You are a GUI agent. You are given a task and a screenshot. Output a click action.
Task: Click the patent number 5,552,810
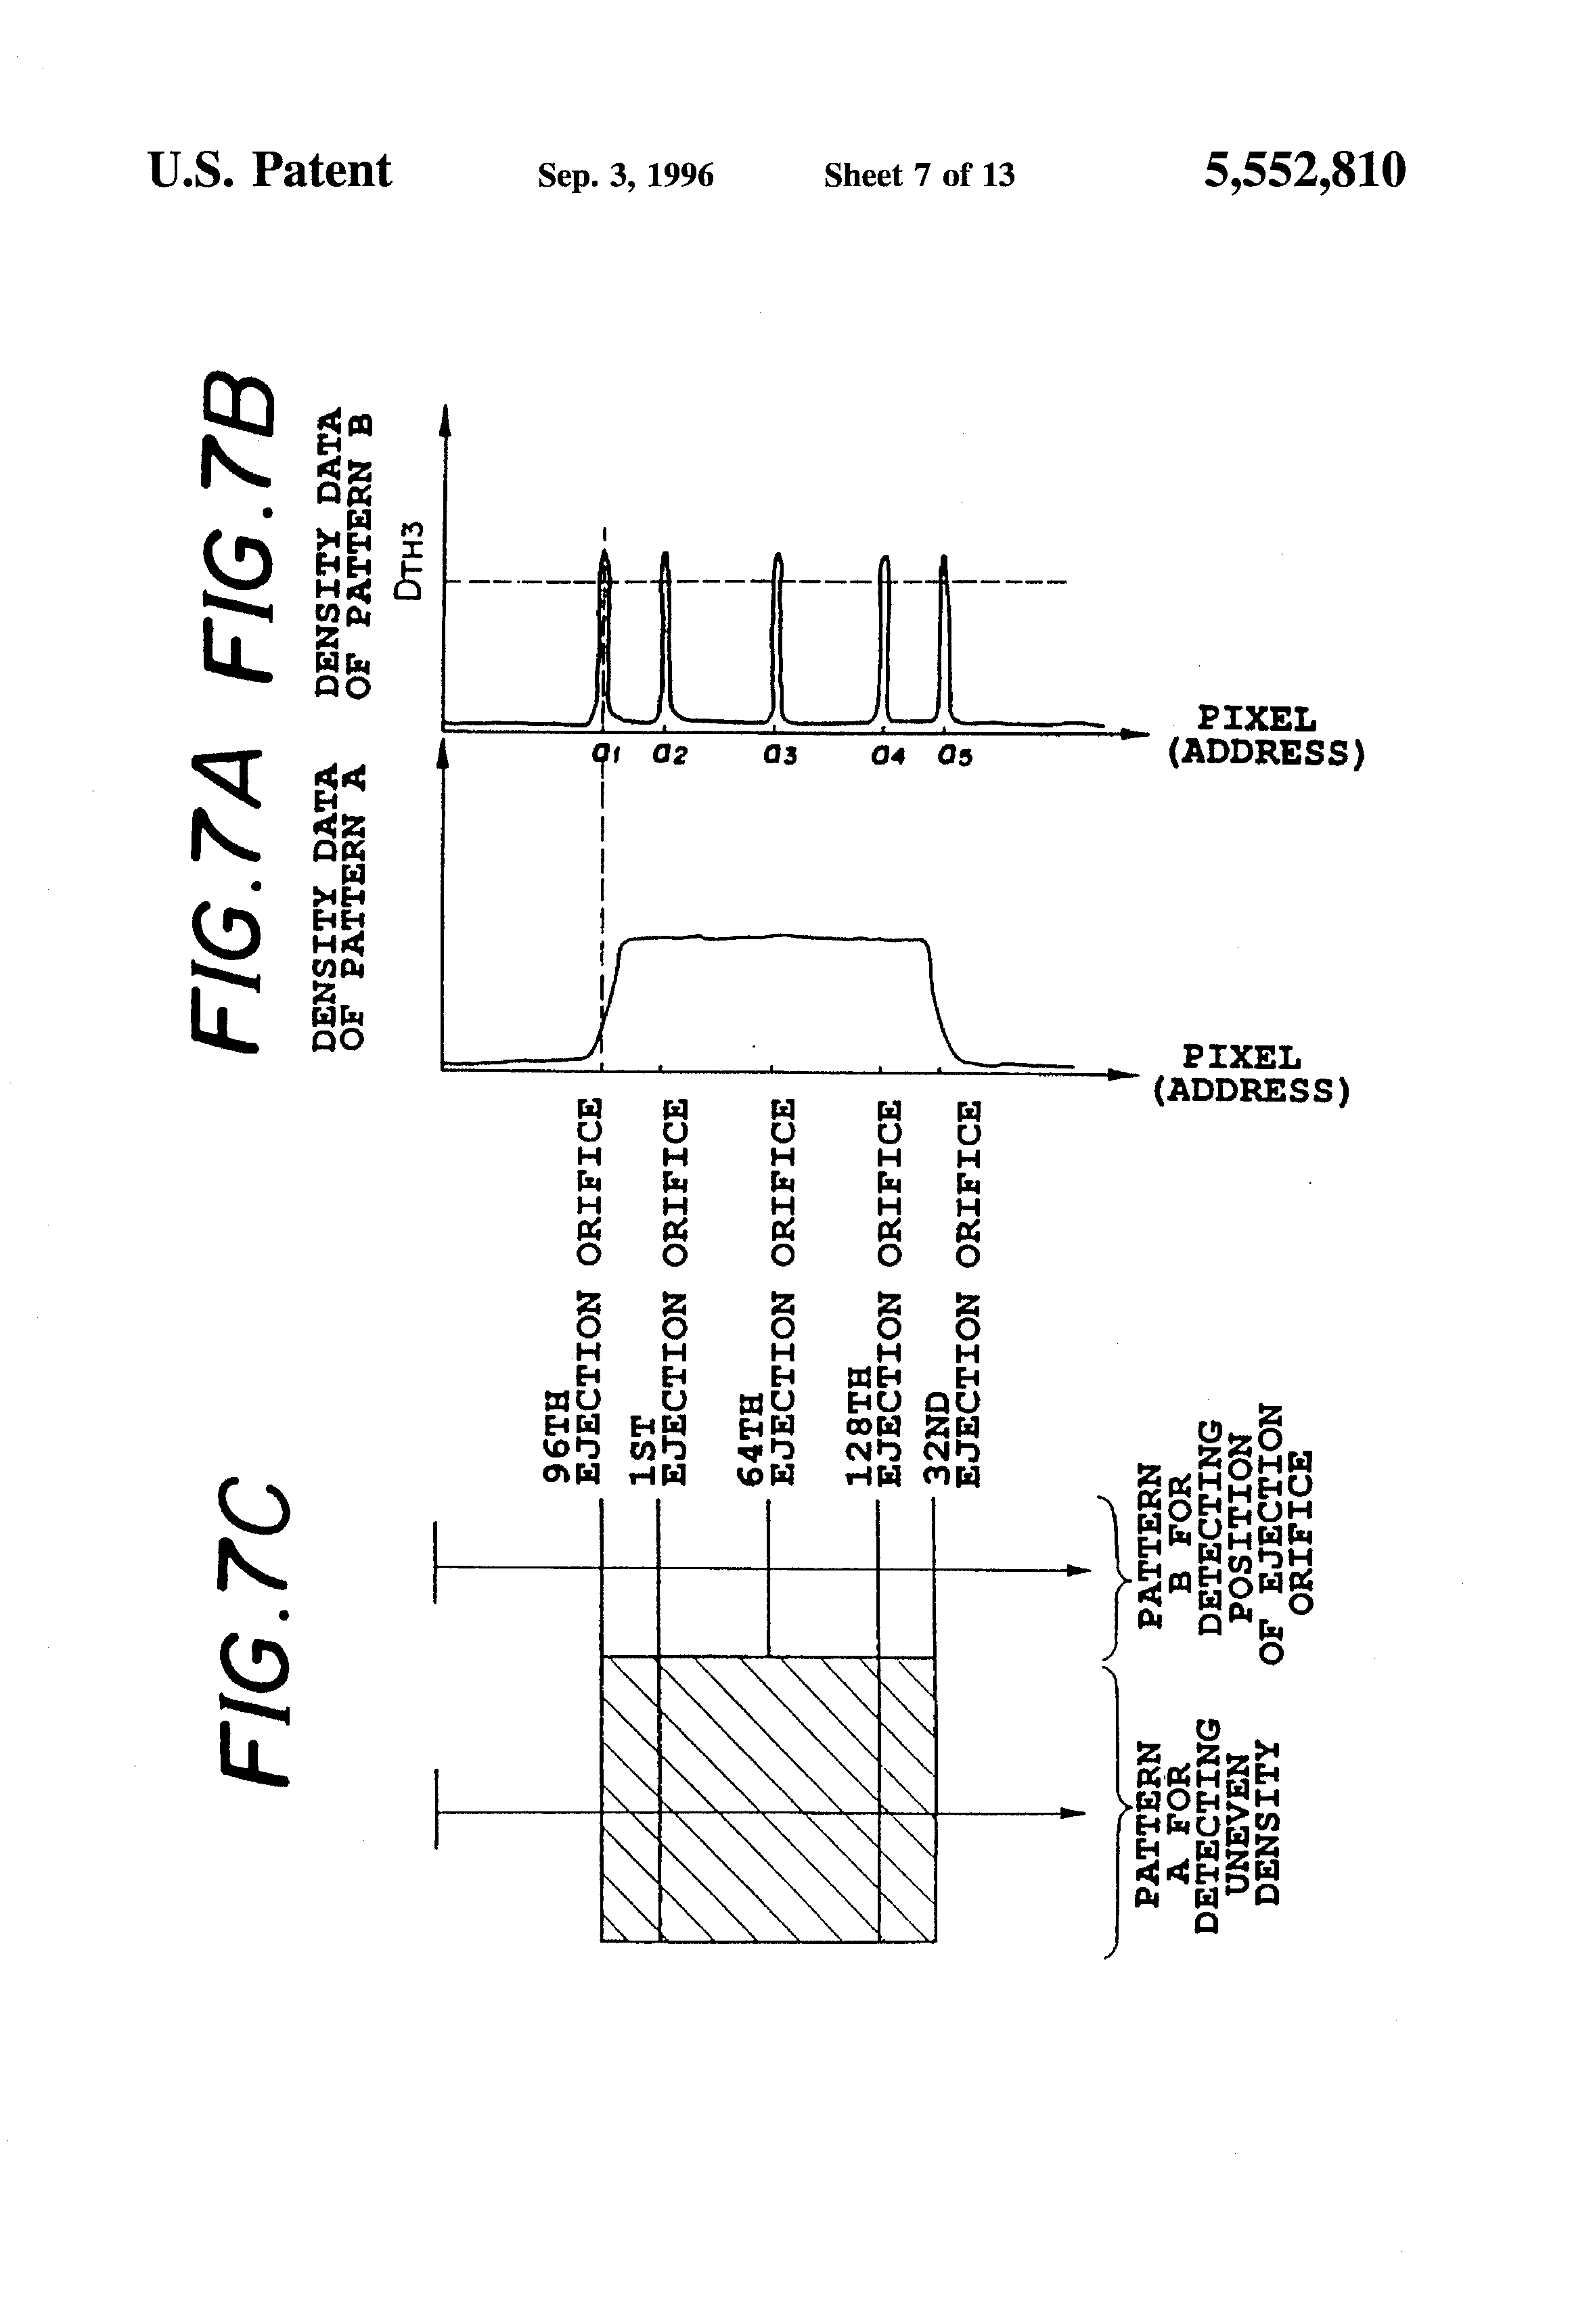pyautogui.click(x=1304, y=171)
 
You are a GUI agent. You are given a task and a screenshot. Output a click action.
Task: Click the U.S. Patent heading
pyautogui.click(x=270, y=171)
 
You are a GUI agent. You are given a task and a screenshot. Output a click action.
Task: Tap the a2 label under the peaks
pyautogui.click(x=670, y=755)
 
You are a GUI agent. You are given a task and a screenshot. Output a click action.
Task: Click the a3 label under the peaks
pyautogui.click(x=780, y=755)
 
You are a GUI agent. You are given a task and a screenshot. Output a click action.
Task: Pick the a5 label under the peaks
pyautogui.click(x=956, y=756)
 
